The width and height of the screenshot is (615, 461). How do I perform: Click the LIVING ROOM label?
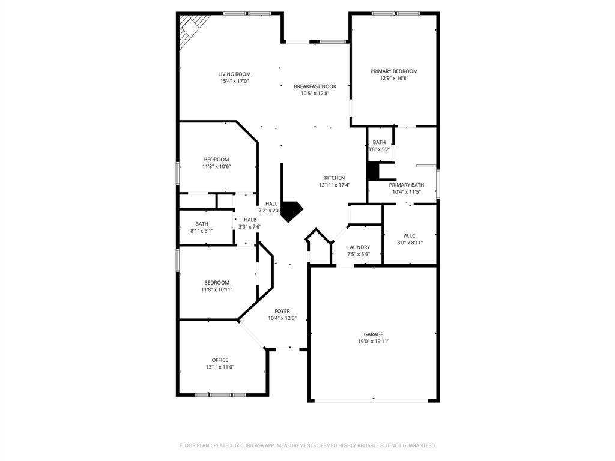click(234, 74)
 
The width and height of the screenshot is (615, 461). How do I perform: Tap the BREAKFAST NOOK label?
click(315, 86)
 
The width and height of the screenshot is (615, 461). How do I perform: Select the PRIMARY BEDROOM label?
click(393, 71)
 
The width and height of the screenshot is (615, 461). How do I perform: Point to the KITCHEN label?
click(335, 178)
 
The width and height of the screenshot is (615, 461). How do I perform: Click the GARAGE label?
click(373, 334)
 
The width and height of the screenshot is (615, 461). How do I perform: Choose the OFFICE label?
click(220, 360)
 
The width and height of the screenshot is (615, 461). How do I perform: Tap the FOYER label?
click(282, 311)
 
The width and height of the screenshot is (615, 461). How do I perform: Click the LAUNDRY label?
click(359, 247)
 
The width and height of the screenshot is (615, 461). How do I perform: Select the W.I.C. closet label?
click(410, 236)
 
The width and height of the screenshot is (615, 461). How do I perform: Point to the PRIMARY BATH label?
click(407, 185)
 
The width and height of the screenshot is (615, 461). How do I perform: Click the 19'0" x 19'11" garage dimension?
click(373, 342)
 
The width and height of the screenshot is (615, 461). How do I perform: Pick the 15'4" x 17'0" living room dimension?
click(234, 82)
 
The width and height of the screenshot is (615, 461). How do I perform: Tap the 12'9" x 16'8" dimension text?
click(393, 79)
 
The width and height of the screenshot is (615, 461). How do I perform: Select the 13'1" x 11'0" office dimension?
click(220, 367)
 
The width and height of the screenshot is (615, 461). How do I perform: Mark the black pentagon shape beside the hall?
click(292, 211)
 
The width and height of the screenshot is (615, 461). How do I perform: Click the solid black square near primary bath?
click(373, 171)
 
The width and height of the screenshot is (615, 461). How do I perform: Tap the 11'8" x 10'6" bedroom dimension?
click(216, 167)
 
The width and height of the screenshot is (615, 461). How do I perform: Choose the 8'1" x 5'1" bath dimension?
click(202, 231)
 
